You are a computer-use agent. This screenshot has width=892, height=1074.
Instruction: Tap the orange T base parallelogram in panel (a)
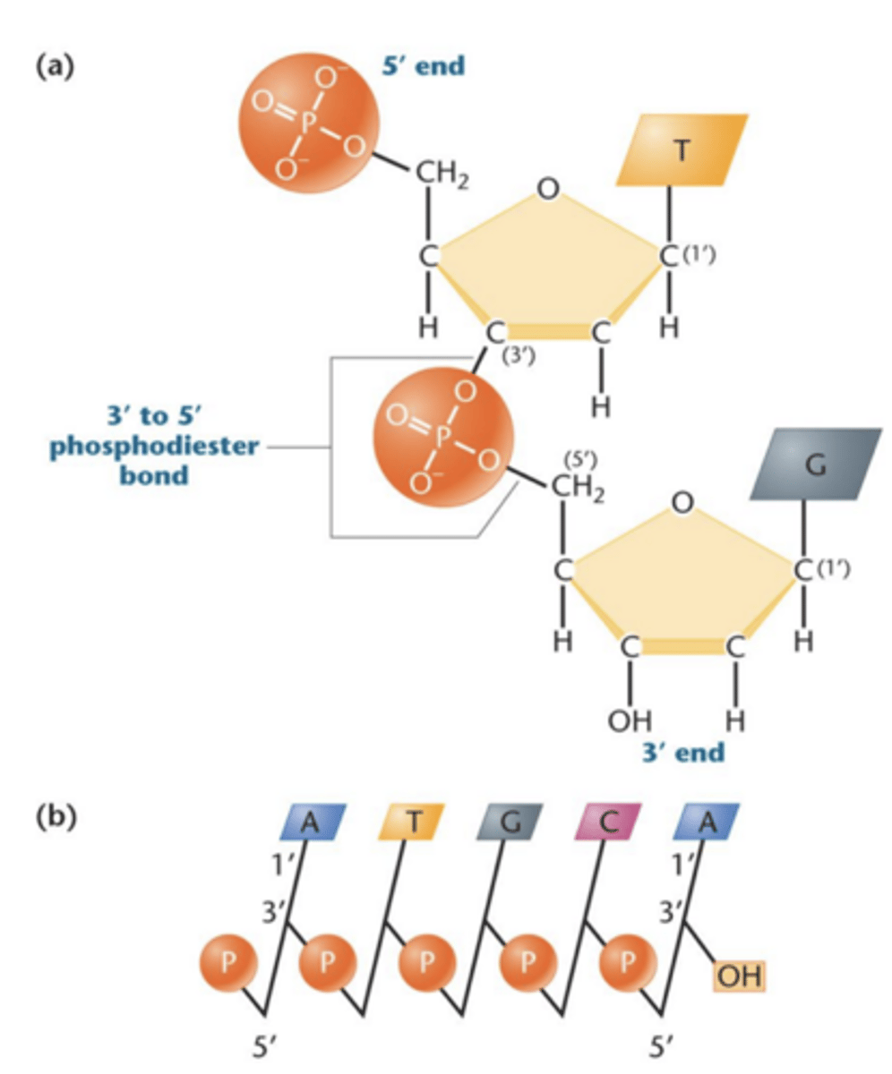click(682, 149)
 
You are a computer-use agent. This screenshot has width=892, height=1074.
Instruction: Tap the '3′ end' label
click(682, 752)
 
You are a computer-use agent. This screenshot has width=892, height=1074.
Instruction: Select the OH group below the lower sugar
click(630, 720)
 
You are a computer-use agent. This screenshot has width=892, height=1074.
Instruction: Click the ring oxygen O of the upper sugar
click(549, 188)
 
